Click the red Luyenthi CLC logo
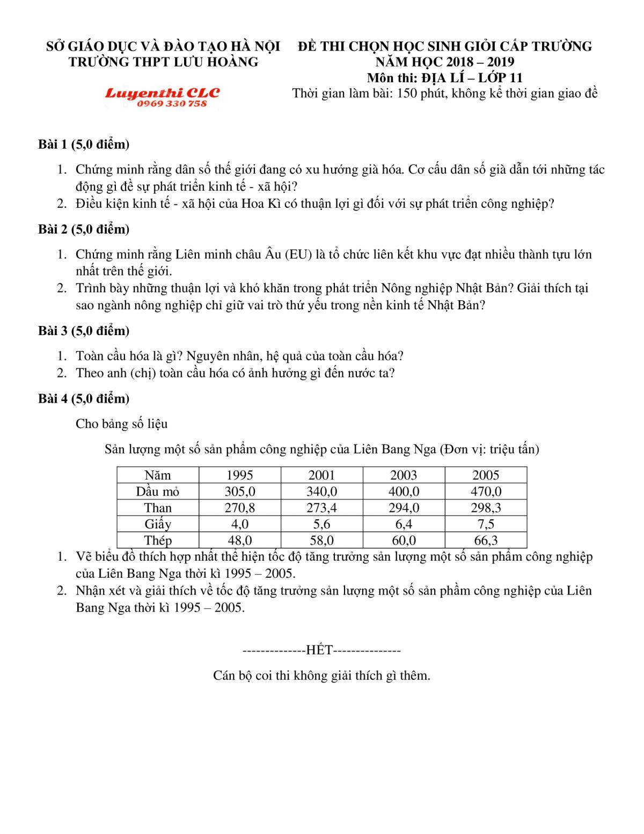coord(162,93)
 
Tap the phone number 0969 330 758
coord(172,104)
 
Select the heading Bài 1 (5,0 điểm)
coord(84,144)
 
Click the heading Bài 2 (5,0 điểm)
coord(84,229)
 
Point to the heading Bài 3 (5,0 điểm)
coord(84,331)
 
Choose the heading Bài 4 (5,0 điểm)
coord(84,398)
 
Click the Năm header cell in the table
coord(158,475)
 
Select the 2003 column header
coord(404,475)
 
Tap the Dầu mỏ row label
coord(158,491)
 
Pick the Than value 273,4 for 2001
coord(321,508)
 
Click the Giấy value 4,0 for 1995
coord(239,524)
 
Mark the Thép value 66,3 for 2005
coord(486,540)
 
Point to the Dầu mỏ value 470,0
coord(486,491)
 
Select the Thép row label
coord(158,540)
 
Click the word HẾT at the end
coord(319,650)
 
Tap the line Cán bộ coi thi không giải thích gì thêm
coord(321,676)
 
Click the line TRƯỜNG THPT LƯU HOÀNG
coord(163,62)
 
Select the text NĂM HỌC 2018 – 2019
coord(444,62)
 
